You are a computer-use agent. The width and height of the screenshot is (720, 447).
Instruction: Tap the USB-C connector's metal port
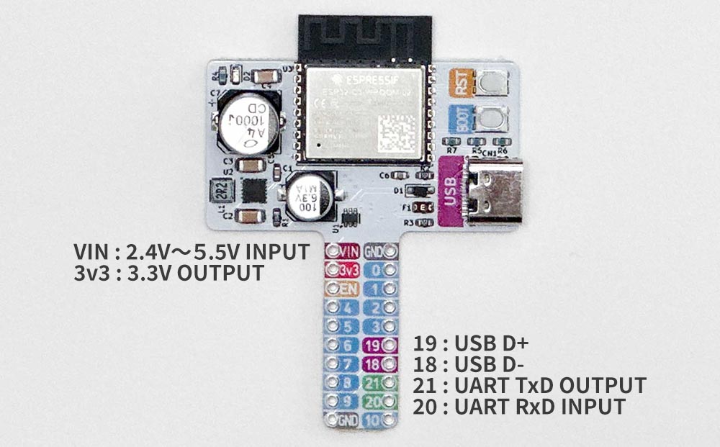point(497,192)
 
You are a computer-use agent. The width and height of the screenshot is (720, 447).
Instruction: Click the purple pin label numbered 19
point(375,345)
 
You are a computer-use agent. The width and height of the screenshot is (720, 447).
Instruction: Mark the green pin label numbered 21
point(375,382)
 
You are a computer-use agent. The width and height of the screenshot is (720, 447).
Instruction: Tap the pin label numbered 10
point(375,420)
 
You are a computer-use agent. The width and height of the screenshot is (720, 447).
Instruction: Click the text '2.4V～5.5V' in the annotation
point(182,252)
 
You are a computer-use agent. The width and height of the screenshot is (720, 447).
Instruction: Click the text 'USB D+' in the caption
point(498,343)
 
